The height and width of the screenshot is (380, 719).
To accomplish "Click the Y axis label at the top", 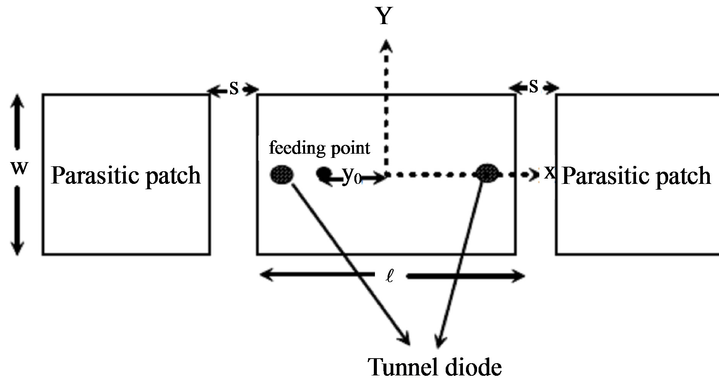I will pos(384,16).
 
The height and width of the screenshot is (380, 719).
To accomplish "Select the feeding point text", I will pos(319,148).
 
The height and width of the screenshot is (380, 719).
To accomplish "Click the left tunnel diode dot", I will pos(282,175).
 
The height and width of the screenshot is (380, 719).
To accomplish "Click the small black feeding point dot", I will pos(323,174).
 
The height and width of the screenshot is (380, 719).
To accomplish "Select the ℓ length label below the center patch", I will pos(390,276).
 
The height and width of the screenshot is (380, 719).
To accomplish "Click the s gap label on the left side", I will pos(234,88).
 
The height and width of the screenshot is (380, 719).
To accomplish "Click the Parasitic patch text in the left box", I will pos(126,176).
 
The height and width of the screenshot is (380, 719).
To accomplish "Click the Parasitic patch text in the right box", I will pos(636,176).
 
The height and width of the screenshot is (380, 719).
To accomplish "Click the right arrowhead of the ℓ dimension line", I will pos(519,276).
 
